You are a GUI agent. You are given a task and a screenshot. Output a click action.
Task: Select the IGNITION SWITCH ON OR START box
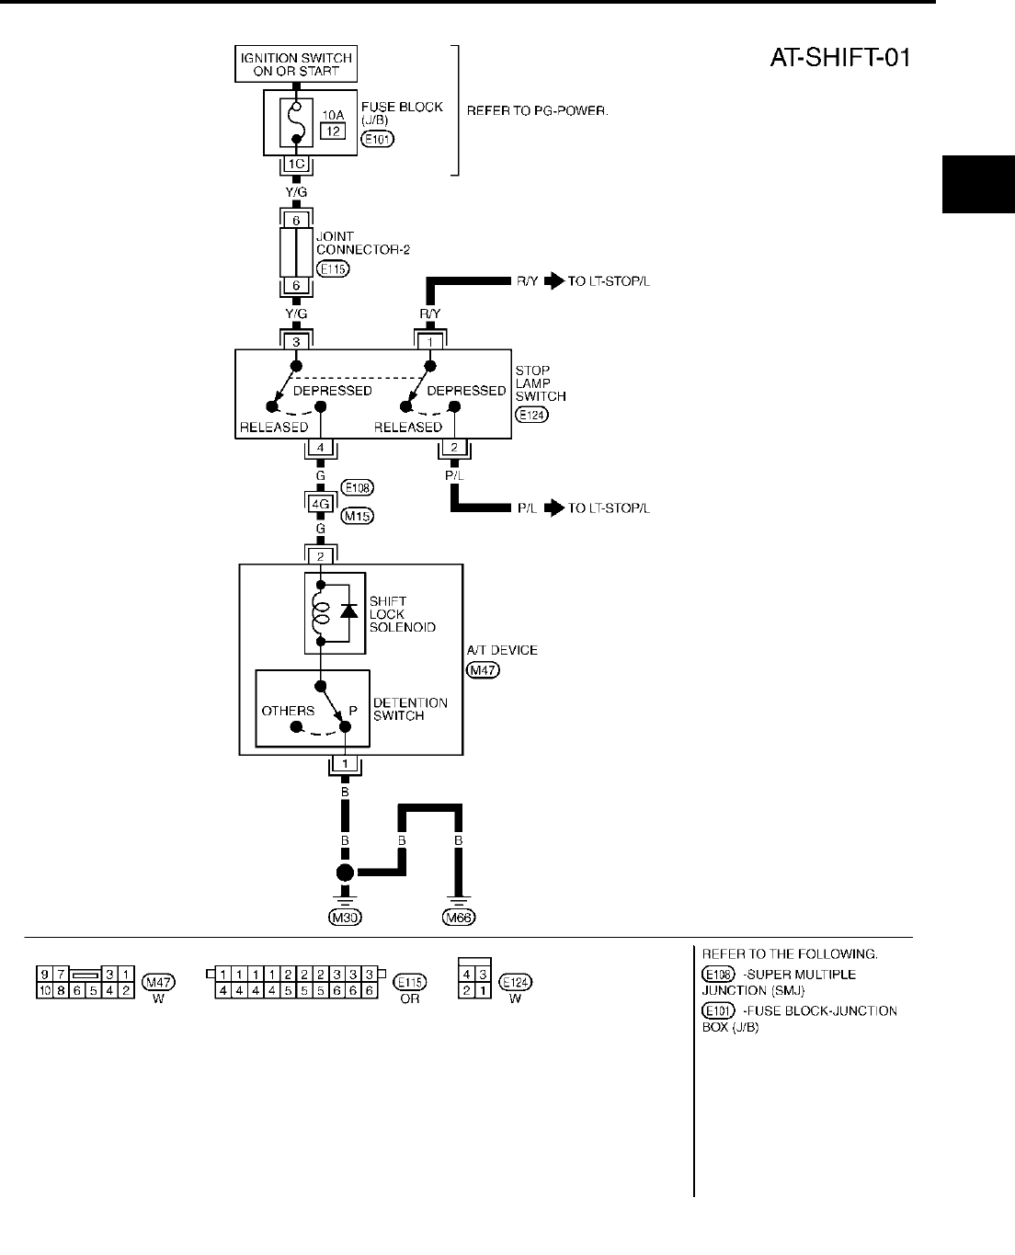pyautogui.click(x=296, y=64)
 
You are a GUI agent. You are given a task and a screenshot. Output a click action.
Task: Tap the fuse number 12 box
pyautogui.click(x=332, y=131)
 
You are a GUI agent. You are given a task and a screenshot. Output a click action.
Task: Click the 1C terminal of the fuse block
pyautogui.click(x=296, y=165)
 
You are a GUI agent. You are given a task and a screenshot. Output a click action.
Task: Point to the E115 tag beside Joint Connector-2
pyautogui.click(x=332, y=269)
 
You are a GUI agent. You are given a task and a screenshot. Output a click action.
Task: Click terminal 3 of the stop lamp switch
pyautogui.click(x=296, y=341)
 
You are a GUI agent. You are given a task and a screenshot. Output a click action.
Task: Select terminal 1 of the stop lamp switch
pyautogui.click(x=429, y=341)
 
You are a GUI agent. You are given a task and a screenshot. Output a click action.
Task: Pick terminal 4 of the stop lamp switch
pyautogui.click(x=321, y=448)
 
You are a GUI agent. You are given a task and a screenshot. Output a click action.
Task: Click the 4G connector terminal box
pyautogui.click(x=321, y=503)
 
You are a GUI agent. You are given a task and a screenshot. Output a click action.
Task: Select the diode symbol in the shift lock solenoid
pyautogui.click(x=348, y=610)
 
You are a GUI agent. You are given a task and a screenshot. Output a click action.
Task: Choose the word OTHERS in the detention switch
pyautogui.click(x=288, y=711)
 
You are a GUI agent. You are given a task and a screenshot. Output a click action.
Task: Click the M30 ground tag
pyautogui.click(x=345, y=917)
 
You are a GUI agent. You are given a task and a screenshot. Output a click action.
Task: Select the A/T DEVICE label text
pyautogui.click(x=503, y=650)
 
